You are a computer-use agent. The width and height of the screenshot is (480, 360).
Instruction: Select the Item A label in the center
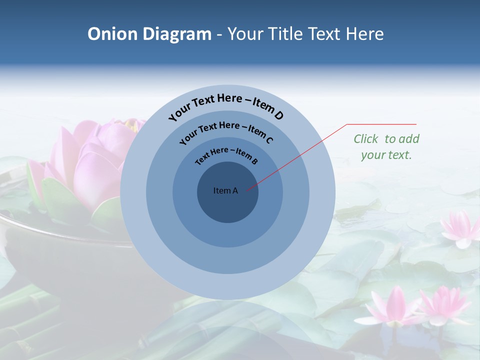pyautogui.click(x=225, y=190)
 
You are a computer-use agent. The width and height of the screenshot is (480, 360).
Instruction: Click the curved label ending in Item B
pyautogui.click(x=226, y=155)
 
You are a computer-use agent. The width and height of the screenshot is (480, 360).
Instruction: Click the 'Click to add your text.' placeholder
pyautogui.click(x=386, y=146)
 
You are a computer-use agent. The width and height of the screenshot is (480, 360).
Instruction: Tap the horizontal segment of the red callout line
pyautogui.click(x=381, y=124)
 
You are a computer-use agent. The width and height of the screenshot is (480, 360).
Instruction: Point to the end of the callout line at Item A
pyautogui.click(x=247, y=189)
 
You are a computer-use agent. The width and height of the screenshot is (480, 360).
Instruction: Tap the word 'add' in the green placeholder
pyautogui.click(x=409, y=138)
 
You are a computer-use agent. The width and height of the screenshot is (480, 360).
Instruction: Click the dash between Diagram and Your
pyautogui.click(x=219, y=34)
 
